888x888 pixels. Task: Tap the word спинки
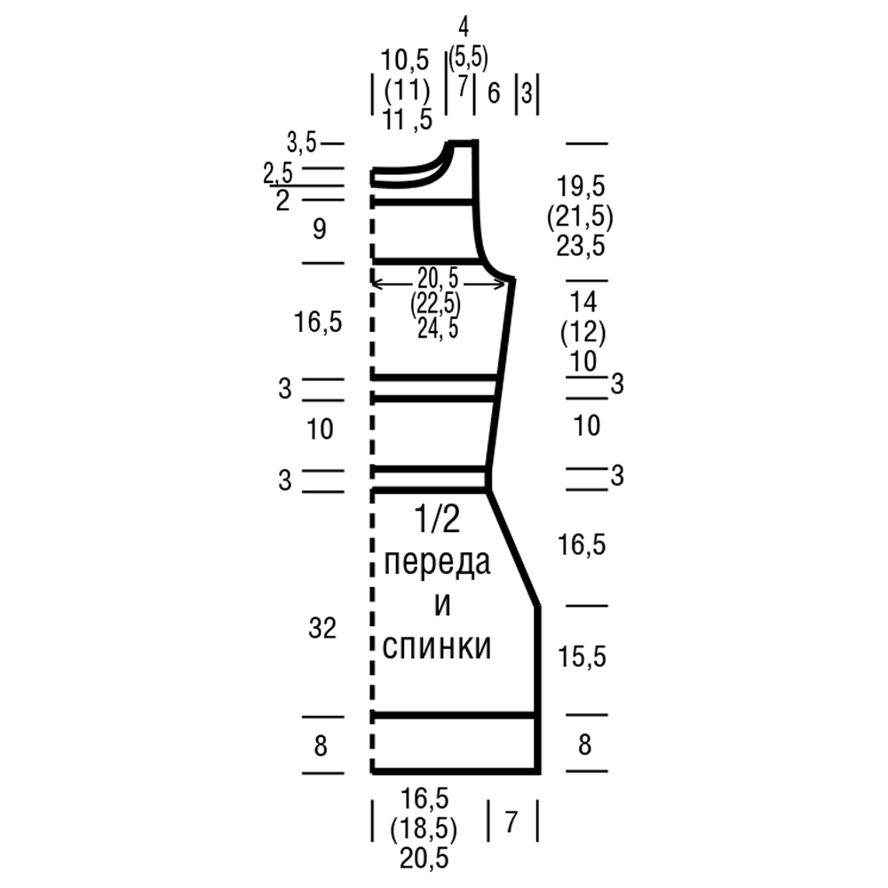[x=437, y=646]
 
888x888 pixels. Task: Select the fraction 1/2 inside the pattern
[x=437, y=519]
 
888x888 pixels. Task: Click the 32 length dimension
[x=322, y=628]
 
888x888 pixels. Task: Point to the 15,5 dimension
[x=582, y=657]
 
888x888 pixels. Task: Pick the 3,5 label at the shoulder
[x=301, y=143]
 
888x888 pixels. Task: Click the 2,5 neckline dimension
[x=278, y=173]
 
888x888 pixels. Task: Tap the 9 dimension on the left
[x=320, y=230]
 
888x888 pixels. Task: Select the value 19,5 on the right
[x=581, y=186]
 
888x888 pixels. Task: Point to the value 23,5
[x=581, y=246]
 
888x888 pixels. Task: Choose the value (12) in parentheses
[x=583, y=332]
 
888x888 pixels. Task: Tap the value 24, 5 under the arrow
[x=438, y=329]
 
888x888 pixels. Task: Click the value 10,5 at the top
[x=405, y=60]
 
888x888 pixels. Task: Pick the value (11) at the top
[x=407, y=91]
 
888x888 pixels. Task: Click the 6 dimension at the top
[x=494, y=93]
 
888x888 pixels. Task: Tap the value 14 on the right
[x=583, y=303]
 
